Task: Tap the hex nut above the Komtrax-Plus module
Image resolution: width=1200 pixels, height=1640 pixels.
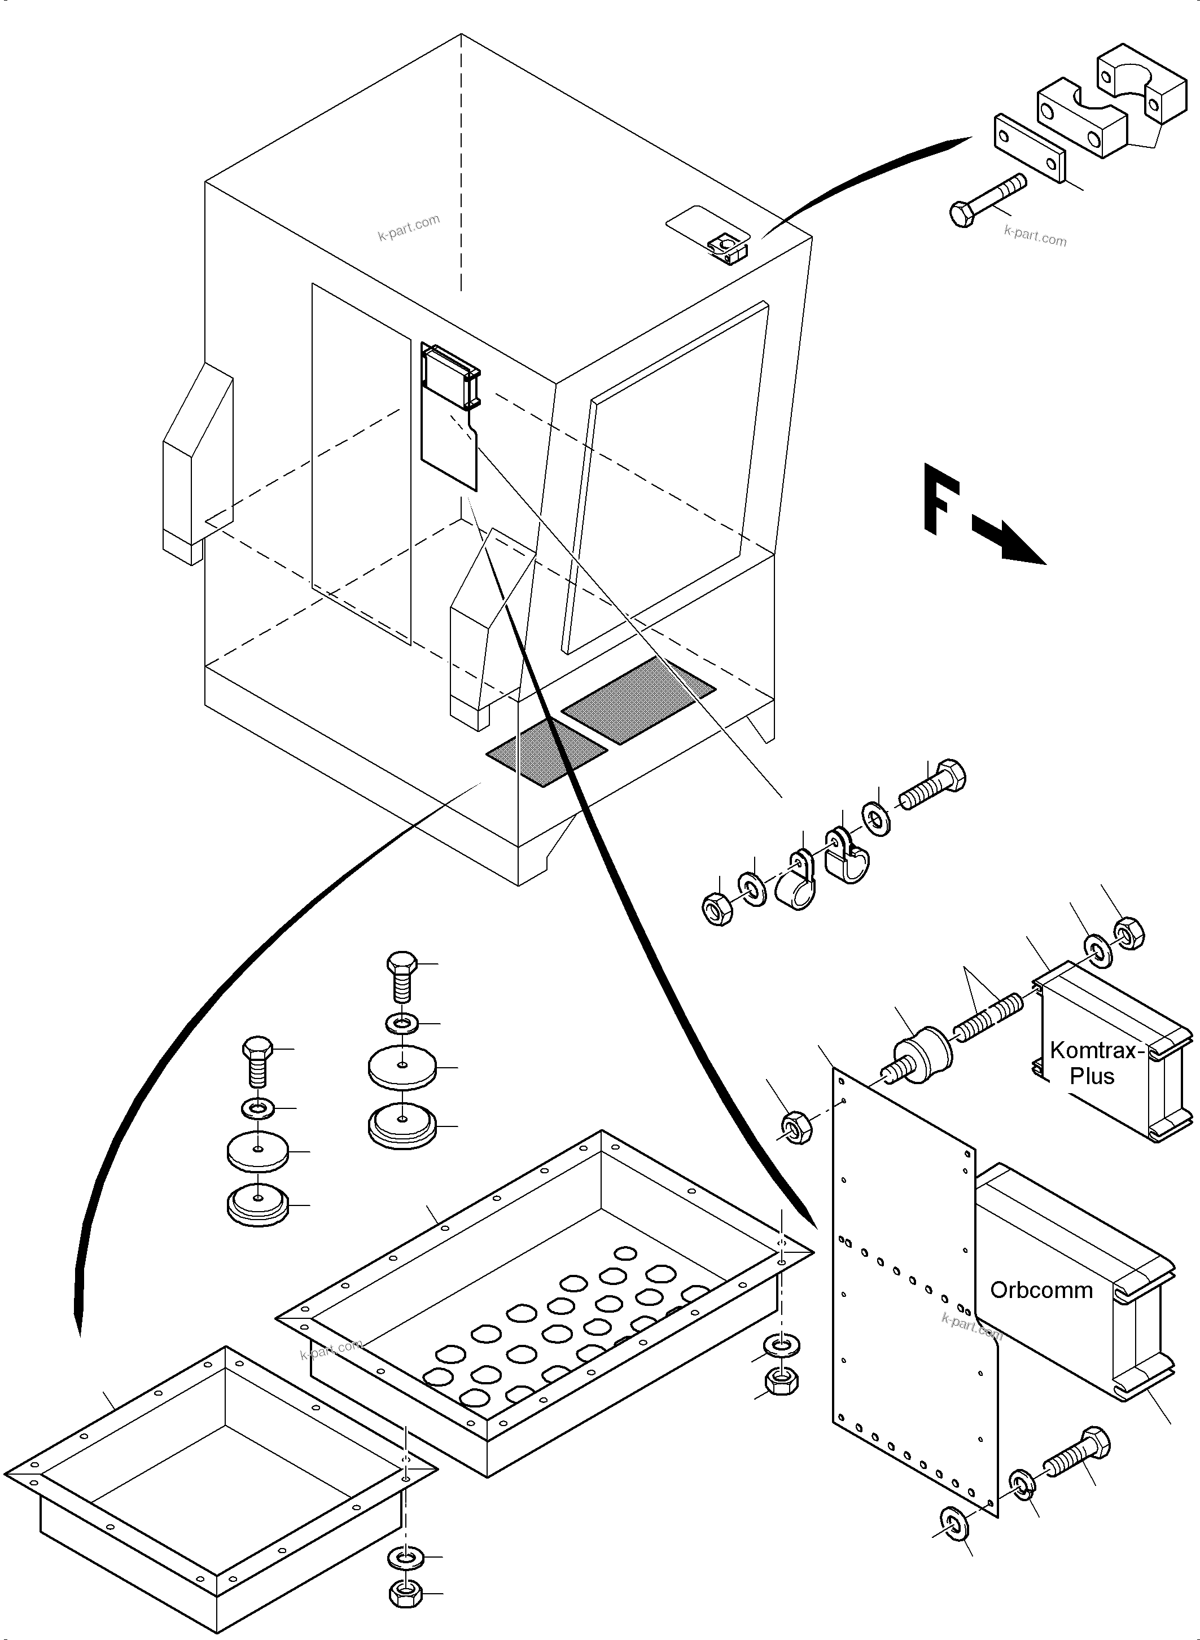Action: [1129, 933]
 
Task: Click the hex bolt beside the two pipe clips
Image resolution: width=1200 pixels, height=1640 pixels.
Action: [934, 786]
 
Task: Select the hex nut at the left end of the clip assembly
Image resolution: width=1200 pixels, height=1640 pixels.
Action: [717, 909]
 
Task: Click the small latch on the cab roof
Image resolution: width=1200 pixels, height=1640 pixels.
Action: [726, 248]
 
